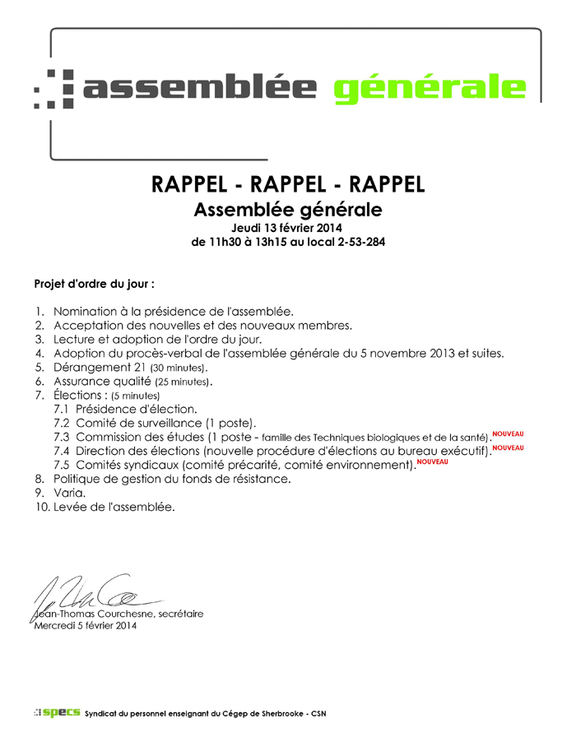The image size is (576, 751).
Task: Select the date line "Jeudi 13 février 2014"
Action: (x=287, y=227)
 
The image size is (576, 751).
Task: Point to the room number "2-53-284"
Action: (x=357, y=243)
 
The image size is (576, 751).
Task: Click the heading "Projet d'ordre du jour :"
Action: (x=94, y=284)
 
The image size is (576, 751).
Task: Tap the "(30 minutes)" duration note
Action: (x=180, y=368)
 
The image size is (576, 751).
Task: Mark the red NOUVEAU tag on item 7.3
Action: (x=508, y=433)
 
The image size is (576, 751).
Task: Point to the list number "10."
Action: (x=42, y=507)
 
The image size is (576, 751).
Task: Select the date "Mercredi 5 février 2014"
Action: (x=85, y=625)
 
